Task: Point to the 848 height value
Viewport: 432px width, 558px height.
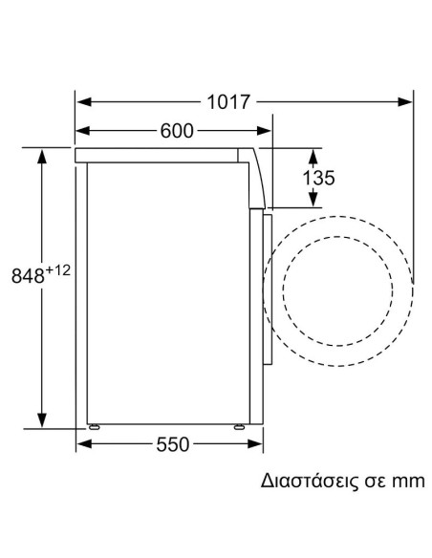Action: [x=28, y=277]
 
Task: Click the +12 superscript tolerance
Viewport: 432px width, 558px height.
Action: [x=58, y=271]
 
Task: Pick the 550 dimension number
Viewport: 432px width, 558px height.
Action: [x=172, y=444]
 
